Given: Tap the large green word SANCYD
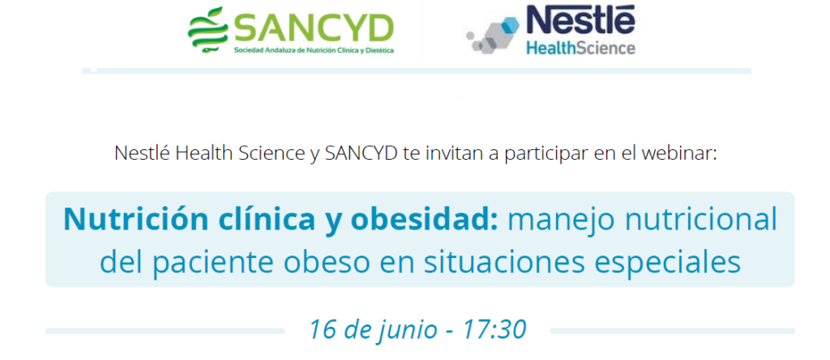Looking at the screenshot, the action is [x=313, y=28].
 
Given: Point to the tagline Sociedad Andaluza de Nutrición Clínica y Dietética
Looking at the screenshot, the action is [x=314, y=51].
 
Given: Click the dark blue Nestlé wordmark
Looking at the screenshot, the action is [x=580, y=20].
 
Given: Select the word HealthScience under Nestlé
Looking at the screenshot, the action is [x=580, y=48].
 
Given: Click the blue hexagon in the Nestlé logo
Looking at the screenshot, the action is [x=511, y=25].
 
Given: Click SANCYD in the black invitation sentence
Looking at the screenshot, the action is [x=361, y=153].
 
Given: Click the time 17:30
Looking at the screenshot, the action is [x=495, y=329].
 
